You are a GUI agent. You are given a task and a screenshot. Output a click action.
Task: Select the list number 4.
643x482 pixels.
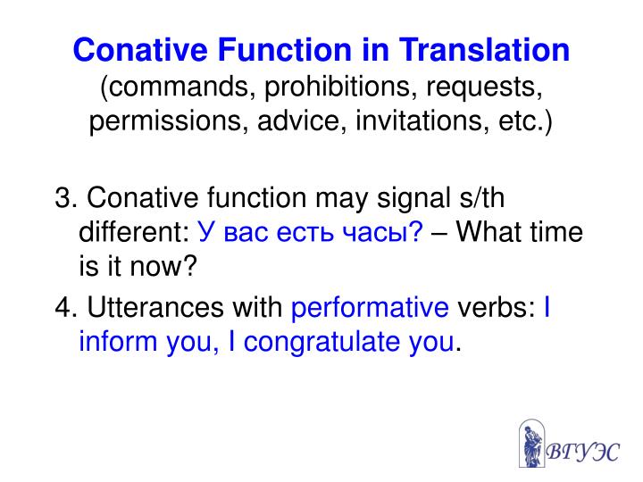coord(65,309)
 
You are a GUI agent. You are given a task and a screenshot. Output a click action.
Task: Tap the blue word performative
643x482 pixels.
coord(371,309)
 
